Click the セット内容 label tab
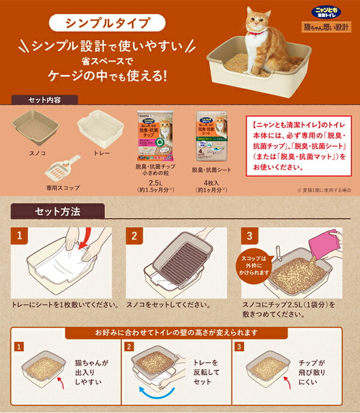[44, 100]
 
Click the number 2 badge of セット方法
[133, 235]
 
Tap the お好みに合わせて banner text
[181, 333]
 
